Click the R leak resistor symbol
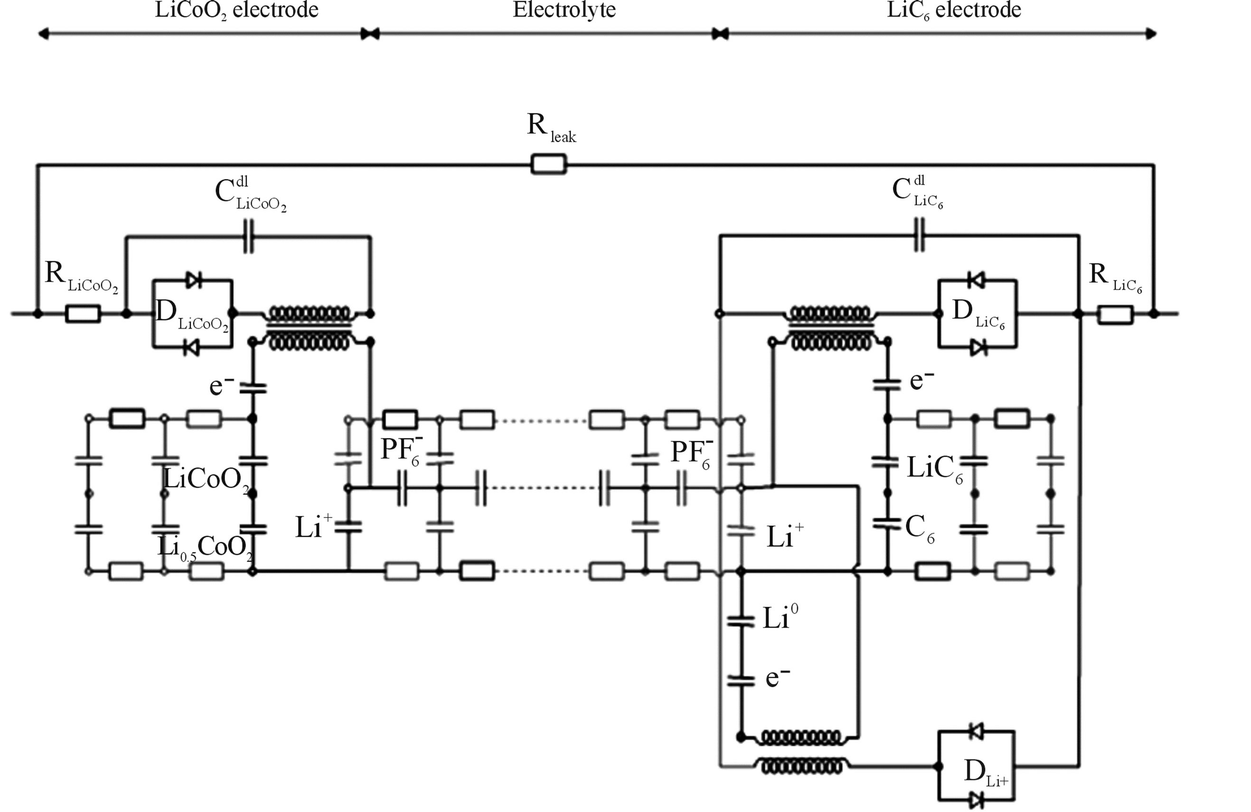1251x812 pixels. coord(548,165)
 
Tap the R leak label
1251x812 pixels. coord(550,128)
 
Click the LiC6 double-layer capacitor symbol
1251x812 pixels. coord(919,235)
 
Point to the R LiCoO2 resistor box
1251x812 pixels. coord(83,314)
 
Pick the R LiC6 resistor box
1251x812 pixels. coord(1115,314)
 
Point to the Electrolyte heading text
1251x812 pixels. coord(564,9)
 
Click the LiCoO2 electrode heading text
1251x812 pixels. coord(236,9)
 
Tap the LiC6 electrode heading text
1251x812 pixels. coord(953,9)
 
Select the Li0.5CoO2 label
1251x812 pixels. coord(205,548)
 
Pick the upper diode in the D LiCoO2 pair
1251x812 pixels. coord(193,280)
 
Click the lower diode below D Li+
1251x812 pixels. coord(977,800)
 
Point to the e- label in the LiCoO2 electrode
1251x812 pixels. coord(221,386)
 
